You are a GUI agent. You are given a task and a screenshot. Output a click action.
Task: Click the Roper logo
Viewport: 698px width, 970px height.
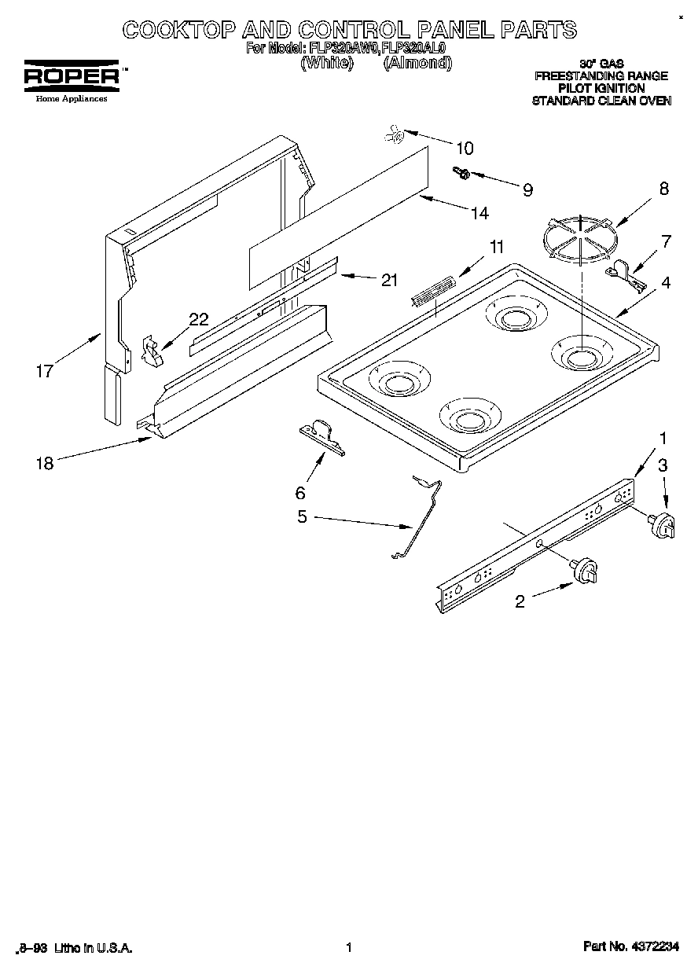click(71, 76)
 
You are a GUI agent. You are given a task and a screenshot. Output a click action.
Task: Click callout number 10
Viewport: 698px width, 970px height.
click(465, 148)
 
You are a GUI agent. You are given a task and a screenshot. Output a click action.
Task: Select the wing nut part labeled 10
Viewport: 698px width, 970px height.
click(395, 136)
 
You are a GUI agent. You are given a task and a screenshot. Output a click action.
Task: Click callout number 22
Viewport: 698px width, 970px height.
click(199, 319)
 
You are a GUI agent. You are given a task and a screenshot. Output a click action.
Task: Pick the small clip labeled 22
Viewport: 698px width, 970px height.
click(152, 350)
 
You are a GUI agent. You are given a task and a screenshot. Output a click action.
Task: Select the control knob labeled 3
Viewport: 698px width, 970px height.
click(662, 525)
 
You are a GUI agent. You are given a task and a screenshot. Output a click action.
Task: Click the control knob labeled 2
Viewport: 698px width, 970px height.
click(586, 571)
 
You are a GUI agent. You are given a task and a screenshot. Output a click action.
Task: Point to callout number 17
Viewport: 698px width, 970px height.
click(45, 371)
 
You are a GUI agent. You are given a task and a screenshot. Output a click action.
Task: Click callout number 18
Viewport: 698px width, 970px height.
click(45, 463)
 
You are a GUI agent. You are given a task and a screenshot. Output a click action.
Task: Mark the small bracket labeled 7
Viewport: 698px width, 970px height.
click(627, 273)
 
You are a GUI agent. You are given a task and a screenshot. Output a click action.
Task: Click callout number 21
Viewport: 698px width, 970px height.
click(388, 279)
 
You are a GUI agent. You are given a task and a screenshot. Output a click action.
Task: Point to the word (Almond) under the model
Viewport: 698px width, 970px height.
click(417, 63)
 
